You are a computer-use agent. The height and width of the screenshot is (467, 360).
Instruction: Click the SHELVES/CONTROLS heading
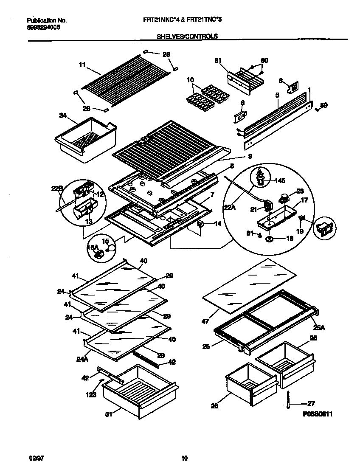[187, 37]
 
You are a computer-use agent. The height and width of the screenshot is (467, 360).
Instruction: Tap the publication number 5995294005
[43, 27]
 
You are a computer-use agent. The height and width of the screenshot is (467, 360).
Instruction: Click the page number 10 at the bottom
[184, 458]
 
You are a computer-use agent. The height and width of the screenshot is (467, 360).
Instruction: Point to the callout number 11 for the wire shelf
[82, 65]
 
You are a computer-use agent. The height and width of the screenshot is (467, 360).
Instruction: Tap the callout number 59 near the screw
[324, 105]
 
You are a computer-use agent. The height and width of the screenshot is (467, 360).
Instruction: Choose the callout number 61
[218, 61]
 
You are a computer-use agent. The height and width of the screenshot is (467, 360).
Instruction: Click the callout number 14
[218, 223]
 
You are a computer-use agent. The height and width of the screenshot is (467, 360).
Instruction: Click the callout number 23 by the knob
[300, 191]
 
